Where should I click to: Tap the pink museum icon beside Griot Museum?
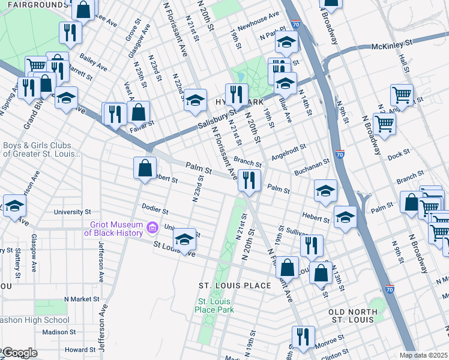pos(152,227)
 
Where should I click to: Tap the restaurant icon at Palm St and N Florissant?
pos(248,179)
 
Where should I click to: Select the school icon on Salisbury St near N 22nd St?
pos(195,100)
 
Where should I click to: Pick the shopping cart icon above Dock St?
pos(384,124)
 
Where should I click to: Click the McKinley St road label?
pos(392,44)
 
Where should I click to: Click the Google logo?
pos(19,353)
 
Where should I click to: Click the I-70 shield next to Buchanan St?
pos(340,154)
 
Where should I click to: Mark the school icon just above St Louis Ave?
pos(184,239)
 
